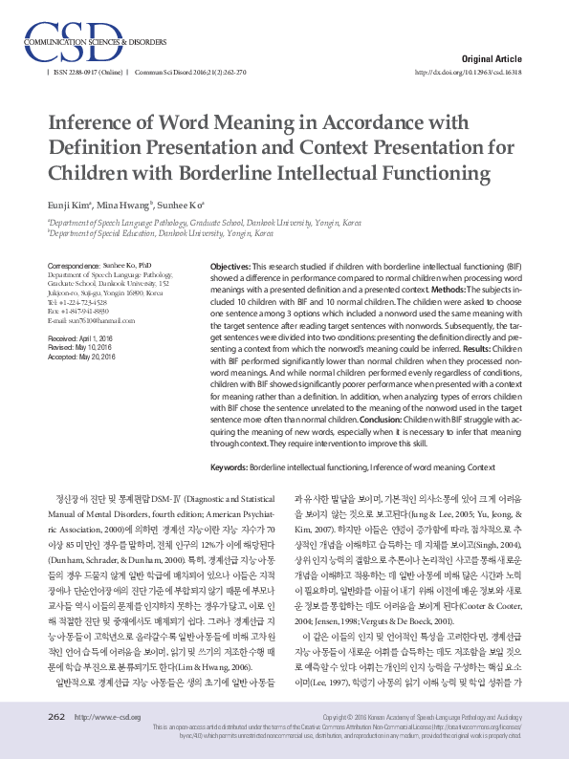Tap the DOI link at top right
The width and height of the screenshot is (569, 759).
point(469,72)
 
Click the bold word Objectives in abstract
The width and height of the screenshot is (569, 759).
point(230,264)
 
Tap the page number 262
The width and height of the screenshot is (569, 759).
point(56,717)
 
